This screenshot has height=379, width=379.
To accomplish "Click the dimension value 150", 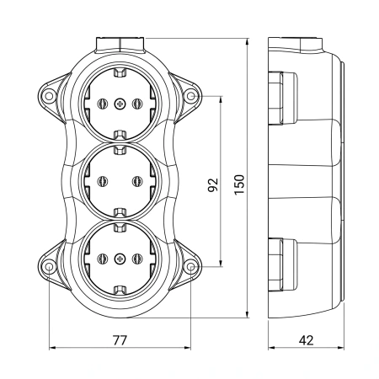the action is [x=239, y=184].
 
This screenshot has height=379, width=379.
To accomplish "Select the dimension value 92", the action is [x=213, y=184].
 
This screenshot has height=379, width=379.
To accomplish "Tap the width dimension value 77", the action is [x=120, y=340].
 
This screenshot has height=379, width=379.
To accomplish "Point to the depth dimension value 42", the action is [x=306, y=340].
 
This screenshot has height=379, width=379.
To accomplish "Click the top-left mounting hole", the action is [x=49, y=96].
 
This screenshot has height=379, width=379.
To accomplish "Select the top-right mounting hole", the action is [x=191, y=96].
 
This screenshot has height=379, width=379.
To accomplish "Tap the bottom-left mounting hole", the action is [x=49, y=266].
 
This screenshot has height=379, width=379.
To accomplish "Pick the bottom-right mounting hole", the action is [x=191, y=266].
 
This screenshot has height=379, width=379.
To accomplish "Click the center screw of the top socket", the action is [x=120, y=104].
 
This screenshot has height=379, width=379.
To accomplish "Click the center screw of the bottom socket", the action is [x=120, y=259].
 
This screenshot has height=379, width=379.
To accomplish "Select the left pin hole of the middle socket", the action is [x=103, y=181].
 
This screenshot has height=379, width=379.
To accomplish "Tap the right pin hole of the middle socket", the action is [x=137, y=181].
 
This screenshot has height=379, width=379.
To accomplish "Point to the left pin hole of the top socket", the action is [x=103, y=104].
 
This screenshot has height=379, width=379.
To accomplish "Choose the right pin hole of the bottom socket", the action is [x=137, y=259].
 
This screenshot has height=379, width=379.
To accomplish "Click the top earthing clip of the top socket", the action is [x=120, y=72].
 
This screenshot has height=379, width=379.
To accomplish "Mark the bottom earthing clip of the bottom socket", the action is [x=120, y=290].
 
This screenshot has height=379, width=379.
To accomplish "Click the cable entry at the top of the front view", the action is [x=120, y=45].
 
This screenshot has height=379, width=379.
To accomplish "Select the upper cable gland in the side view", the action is [x=282, y=98].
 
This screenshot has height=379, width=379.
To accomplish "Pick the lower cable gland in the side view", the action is [x=282, y=264].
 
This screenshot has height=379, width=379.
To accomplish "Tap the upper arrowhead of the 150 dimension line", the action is [x=247, y=41].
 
